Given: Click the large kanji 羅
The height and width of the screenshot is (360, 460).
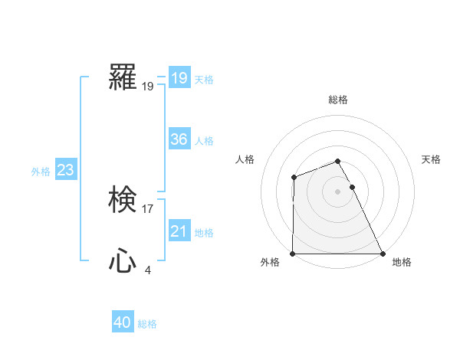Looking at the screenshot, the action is coord(123,77).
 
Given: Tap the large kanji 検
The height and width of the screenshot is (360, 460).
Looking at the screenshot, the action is coord(123,201).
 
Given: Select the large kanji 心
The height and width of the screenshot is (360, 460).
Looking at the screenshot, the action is coord(123,262).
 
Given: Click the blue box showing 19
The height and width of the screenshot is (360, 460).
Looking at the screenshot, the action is coord(179,78).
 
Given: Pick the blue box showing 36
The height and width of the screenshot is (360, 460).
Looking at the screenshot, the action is coord(179,139).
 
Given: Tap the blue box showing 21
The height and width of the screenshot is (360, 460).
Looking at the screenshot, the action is coord(179,231).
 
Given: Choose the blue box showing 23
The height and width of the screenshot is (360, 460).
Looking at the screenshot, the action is coord(65,170).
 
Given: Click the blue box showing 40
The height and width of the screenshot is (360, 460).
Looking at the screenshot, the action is coord(123,323).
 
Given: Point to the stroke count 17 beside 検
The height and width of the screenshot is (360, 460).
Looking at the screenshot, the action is coord(148,208).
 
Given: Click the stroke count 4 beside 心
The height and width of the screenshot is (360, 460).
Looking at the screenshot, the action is coord(147,270).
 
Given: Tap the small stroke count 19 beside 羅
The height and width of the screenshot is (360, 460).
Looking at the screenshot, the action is coord(148,87).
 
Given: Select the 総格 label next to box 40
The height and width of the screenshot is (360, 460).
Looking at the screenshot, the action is coord(147,324).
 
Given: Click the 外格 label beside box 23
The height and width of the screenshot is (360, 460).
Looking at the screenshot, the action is coord(41,172).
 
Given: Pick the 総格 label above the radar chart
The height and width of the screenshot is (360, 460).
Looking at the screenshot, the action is coord(338,100).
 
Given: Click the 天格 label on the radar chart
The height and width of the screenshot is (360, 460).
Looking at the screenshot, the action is coord(431,159).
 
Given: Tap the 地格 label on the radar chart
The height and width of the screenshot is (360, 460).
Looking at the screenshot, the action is coord(402,262).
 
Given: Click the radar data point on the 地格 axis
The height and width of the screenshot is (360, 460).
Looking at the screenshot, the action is coord(383,254).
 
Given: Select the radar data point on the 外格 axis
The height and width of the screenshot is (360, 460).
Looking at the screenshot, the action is coord(293,254).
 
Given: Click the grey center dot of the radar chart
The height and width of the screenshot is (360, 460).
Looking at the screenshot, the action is coord(338,191).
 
